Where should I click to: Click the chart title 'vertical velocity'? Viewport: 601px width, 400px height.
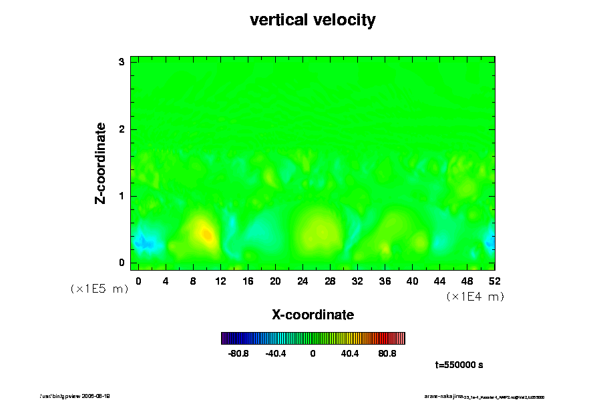[x=313, y=20]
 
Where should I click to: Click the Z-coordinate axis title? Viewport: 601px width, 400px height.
[x=101, y=163]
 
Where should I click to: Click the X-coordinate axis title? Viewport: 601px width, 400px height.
[x=313, y=314]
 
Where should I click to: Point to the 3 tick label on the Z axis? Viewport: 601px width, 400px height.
[x=122, y=62]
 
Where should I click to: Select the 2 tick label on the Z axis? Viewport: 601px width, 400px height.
[x=122, y=129]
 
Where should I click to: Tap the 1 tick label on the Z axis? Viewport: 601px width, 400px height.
[x=122, y=196]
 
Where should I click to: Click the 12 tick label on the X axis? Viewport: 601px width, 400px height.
[x=220, y=281]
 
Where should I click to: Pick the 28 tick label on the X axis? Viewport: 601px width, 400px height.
[x=330, y=281]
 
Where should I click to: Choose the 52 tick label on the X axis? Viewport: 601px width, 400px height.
[x=494, y=281]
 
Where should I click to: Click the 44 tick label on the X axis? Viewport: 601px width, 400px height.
[x=439, y=281]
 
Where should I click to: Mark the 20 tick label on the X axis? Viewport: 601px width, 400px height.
[x=275, y=281]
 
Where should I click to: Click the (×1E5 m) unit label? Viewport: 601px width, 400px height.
[x=99, y=289]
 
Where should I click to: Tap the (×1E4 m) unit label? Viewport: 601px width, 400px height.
[x=475, y=297]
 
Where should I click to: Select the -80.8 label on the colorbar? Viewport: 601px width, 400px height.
[x=238, y=353]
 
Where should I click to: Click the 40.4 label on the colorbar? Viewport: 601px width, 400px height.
[x=350, y=353]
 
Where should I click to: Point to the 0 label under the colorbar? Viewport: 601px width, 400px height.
[x=313, y=353]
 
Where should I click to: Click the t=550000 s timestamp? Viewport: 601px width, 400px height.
[x=459, y=365]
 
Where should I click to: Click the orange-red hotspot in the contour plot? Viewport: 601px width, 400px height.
[x=207, y=234]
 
